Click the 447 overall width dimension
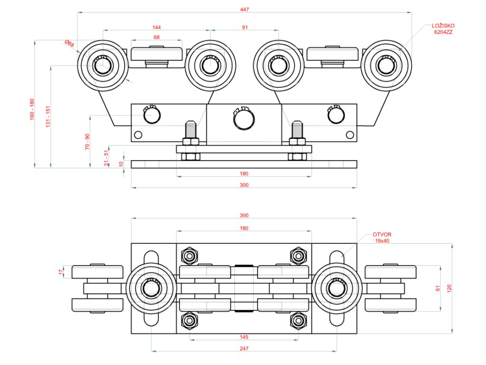click(x=244, y=10)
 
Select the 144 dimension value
click(x=157, y=27)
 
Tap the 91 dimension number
click(x=245, y=27)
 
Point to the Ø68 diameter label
click(x=69, y=43)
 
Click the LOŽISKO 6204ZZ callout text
click(x=443, y=29)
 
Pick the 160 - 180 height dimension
click(x=32, y=110)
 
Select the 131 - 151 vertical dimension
click(x=48, y=117)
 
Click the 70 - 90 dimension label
click(x=87, y=142)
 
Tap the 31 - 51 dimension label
click(x=106, y=158)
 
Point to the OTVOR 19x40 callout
click(x=382, y=238)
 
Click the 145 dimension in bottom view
click(x=244, y=337)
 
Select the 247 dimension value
click(x=244, y=348)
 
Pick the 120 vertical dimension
click(x=449, y=288)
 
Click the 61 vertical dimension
click(x=438, y=288)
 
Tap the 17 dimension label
click(x=61, y=271)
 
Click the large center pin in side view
click(x=244, y=119)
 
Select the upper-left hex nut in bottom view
click(x=189, y=256)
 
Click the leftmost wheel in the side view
click(x=103, y=66)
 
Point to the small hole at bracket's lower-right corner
click(x=350, y=135)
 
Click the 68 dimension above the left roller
click(x=157, y=37)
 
